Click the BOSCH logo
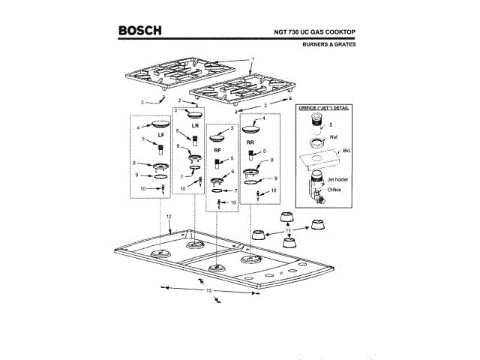[139, 31]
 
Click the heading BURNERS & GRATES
[329, 44]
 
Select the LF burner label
[160, 134]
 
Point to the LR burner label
[195, 125]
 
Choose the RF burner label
[217, 150]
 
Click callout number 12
[169, 216]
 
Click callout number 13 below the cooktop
[210, 289]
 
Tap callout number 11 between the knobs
[287, 229]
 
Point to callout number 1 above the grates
[253, 58]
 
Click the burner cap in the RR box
[253, 127]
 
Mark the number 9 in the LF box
[136, 175]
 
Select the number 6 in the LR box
[178, 146]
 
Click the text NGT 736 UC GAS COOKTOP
[315, 32]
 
